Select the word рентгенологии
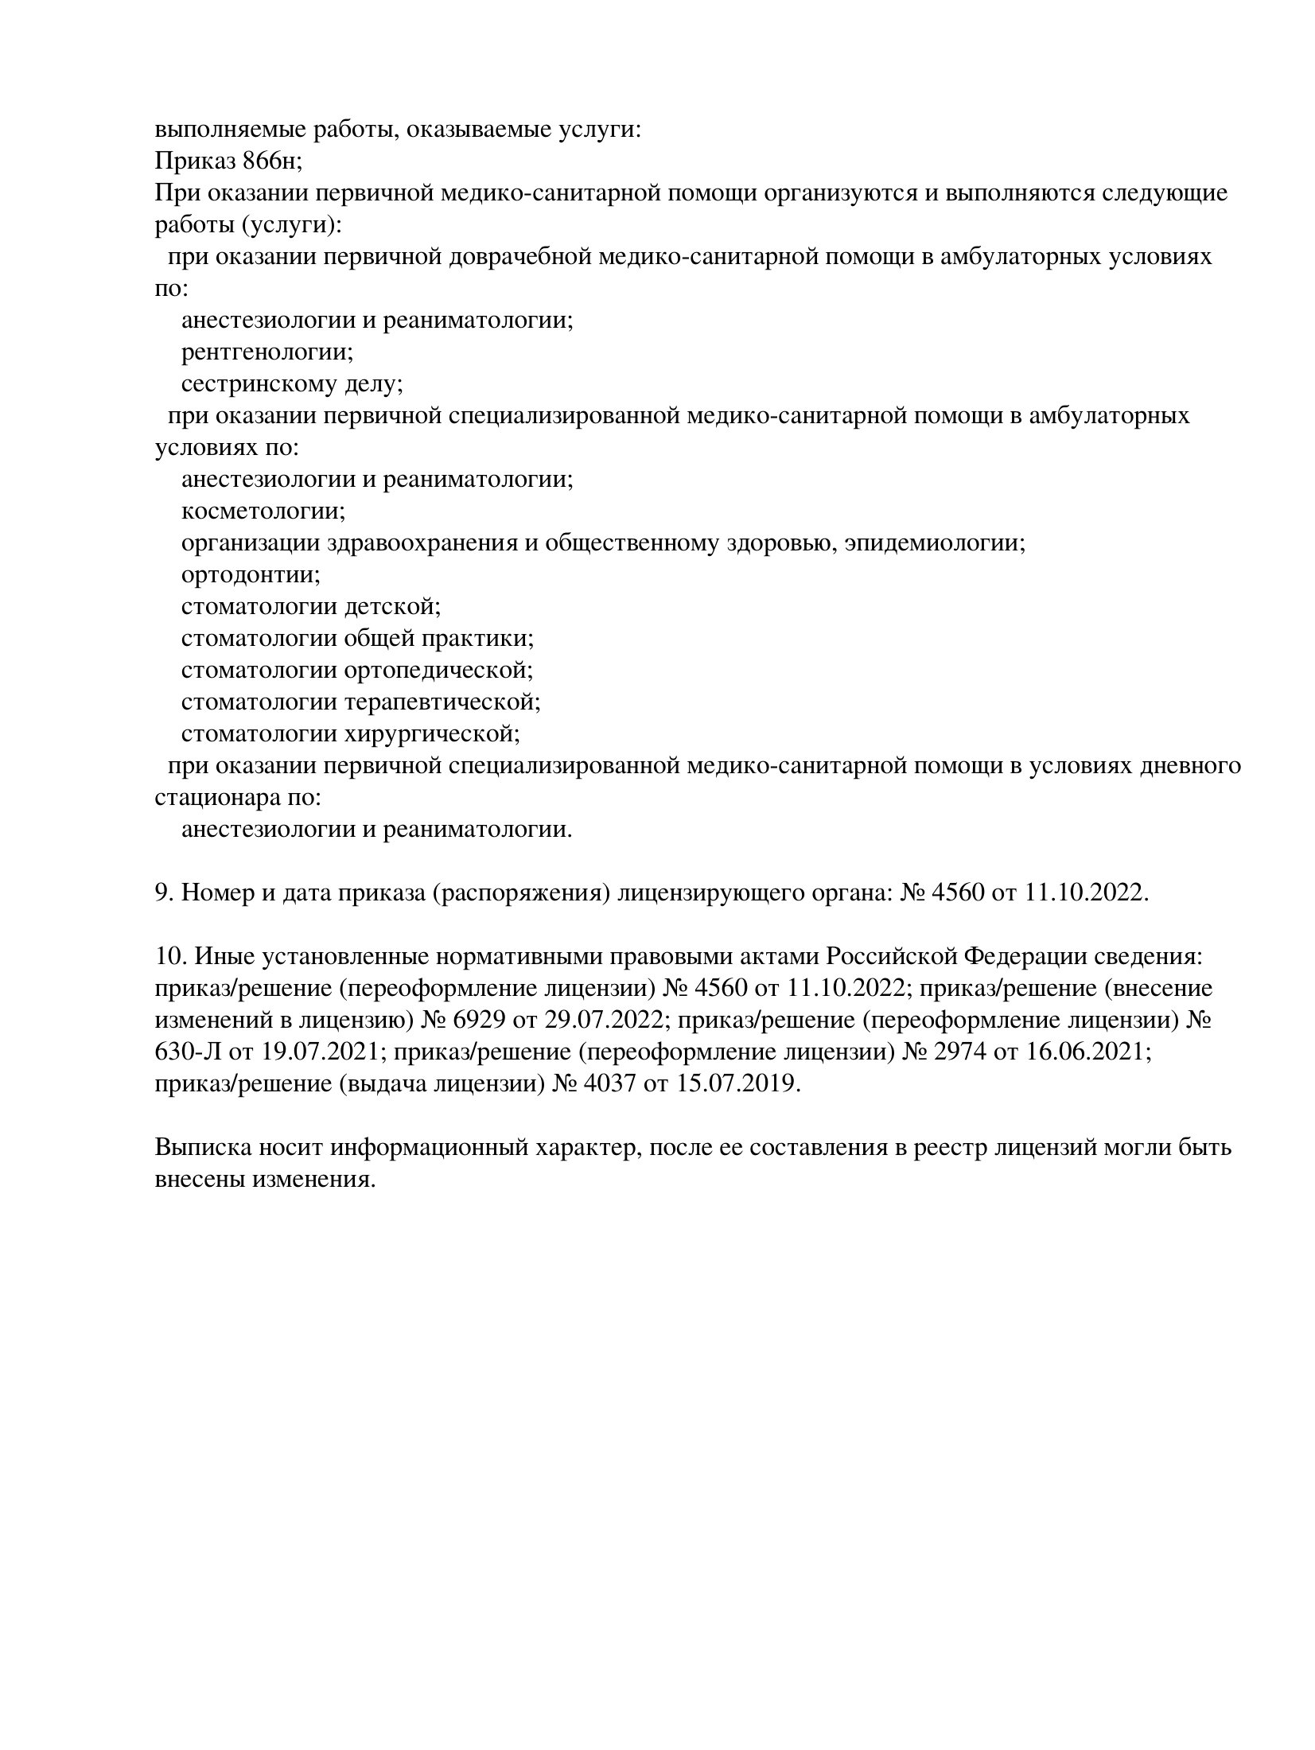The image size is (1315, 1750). [x=267, y=352]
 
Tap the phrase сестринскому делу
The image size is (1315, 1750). [x=291, y=384]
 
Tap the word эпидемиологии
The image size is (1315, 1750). [x=935, y=543]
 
